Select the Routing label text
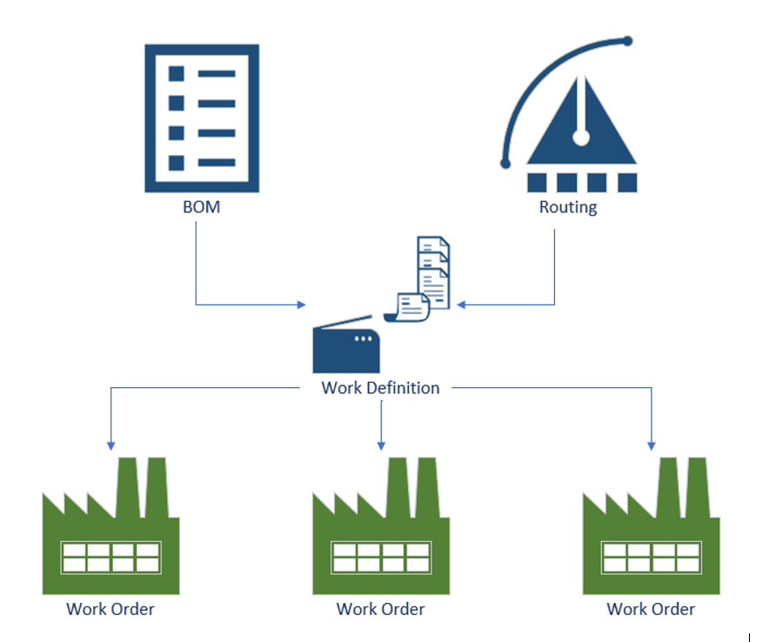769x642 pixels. click(568, 207)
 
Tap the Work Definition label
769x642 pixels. click(380, 387)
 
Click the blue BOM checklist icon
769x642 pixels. click(201, 118)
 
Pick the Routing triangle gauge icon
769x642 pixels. click(581, 130)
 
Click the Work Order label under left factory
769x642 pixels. click(110, 609)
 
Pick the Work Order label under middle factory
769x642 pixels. click(381, 609)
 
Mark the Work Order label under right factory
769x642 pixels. click(651, 609)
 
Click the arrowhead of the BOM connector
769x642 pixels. click(302, 304)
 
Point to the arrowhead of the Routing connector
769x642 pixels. click(463, 304)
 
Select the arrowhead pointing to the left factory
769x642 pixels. click(110, 445)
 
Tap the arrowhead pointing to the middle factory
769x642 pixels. click(381, 445)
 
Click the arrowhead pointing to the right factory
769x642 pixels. click(652, 445)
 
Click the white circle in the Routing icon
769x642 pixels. click(581, 137)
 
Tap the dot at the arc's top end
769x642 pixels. click(628, 41)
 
